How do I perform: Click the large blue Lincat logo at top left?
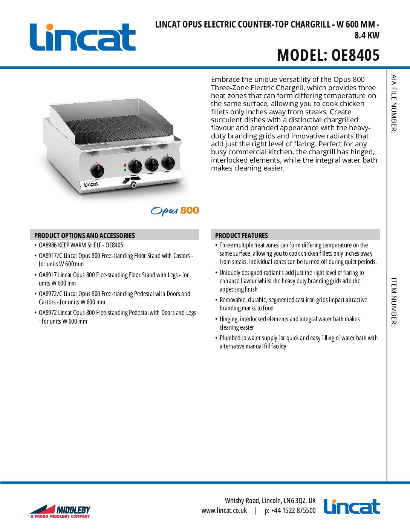tap(83, 37)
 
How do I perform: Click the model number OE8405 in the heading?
tap(355, 55)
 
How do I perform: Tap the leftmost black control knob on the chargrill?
tap(97, 171)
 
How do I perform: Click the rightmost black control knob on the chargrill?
tap(168, 163)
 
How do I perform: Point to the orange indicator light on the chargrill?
tap(125, 166)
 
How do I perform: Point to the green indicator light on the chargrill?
tap(125, 170)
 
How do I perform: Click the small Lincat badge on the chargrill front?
tap(91, 184)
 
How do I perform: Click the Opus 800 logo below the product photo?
tap(175, 211)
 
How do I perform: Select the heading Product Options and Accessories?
tap(84, 235)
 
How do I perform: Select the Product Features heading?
tap(242, 235)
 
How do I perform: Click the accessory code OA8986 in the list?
tap(47, 245)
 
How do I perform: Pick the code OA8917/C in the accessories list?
tap(50, 256)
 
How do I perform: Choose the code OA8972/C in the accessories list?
tap(50, 294)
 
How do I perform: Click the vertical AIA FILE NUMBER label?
tap(394, 104)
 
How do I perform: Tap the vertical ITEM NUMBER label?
tap(394, 302)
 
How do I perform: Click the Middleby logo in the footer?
tap(60, 511)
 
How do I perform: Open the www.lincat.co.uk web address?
tap(224, 511)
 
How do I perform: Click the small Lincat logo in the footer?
tap(352, 506)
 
